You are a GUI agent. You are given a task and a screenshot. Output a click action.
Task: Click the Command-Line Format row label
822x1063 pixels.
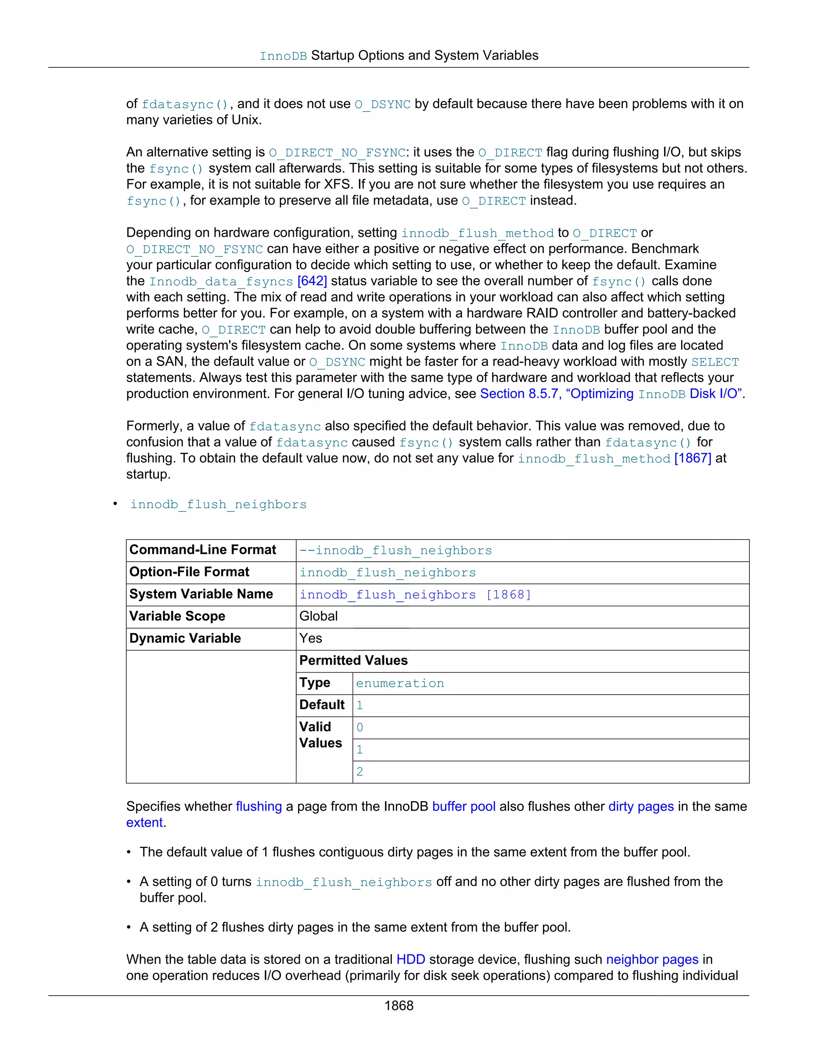[203, 550]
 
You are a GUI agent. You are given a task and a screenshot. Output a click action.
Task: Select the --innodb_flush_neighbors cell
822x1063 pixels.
[395, 550]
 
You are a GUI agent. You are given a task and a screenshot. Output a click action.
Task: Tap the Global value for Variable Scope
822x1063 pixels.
[318, 616]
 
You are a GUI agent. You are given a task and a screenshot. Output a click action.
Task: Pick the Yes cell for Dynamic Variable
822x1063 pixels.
[311, 639]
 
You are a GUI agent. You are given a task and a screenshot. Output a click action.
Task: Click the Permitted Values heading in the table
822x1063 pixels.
[354, 661]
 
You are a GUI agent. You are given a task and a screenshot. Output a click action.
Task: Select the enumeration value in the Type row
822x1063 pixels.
[400, 684]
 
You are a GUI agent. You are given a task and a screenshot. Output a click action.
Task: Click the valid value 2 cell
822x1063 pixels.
[360, 772]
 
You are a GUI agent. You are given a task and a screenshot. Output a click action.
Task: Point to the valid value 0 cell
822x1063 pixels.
[360, 728]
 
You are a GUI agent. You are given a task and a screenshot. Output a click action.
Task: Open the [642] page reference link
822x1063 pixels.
[312, 281]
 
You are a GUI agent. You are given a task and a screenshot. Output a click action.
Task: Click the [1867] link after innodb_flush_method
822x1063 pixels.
[692, 458]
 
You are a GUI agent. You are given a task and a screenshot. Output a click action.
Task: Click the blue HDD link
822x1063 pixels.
[411, 960]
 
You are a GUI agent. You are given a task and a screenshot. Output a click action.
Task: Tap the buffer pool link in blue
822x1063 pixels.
[464, 807]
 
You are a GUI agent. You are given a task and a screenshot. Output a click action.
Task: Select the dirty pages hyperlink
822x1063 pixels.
[641, 807]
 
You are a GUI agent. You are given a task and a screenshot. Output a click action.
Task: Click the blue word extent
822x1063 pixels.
[144, 823]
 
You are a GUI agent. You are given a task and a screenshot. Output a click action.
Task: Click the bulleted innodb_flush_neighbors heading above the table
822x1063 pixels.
[218, 504]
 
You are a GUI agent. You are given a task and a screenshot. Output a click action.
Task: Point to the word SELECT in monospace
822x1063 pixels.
[715, 362]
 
